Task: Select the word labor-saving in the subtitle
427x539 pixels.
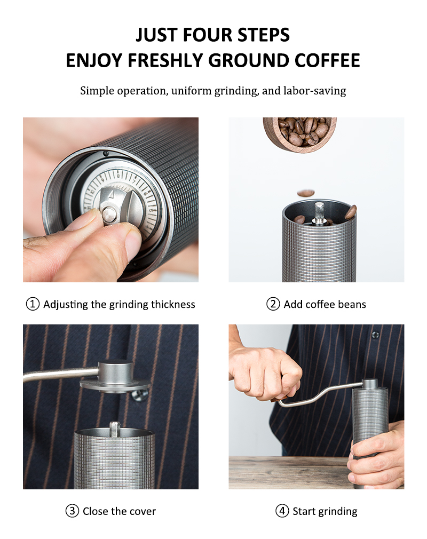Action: (x=314, y=91)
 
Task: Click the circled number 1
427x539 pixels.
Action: (x=33, y=304)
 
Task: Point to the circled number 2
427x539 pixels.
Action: (x=273, y=304)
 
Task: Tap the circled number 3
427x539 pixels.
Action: (x=72, y=511)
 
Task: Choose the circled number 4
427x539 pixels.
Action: (x=282, y=511)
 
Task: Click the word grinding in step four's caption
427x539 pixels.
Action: (x=338, y=512)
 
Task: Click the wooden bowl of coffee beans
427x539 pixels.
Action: (x=300, y=134)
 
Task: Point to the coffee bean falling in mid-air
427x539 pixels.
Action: (x=306, y=193)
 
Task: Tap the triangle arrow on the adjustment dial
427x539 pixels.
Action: (x=111, y=195)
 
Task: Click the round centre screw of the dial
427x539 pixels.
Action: (x=109, y=215)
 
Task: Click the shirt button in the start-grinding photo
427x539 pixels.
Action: (x=375, y=334)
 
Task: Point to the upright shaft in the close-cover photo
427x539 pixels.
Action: (x=114, y=429)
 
